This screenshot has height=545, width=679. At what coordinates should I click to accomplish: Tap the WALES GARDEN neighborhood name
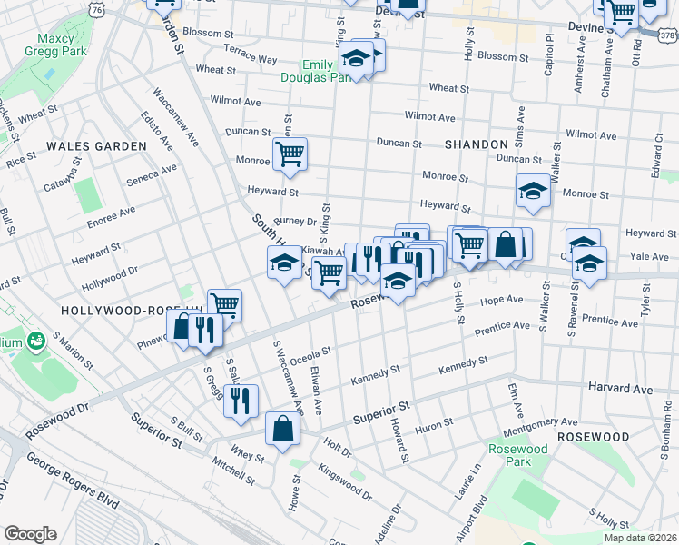pos(96,145)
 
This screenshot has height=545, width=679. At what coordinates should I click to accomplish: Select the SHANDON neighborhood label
pos(477,144)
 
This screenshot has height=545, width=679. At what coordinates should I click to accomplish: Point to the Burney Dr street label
pos(294,221)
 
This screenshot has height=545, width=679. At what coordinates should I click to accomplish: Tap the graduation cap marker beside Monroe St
pos(533,191)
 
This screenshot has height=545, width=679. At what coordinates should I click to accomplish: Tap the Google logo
pos(30,534)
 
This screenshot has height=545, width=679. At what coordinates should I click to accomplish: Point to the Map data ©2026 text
pos(640,538)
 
